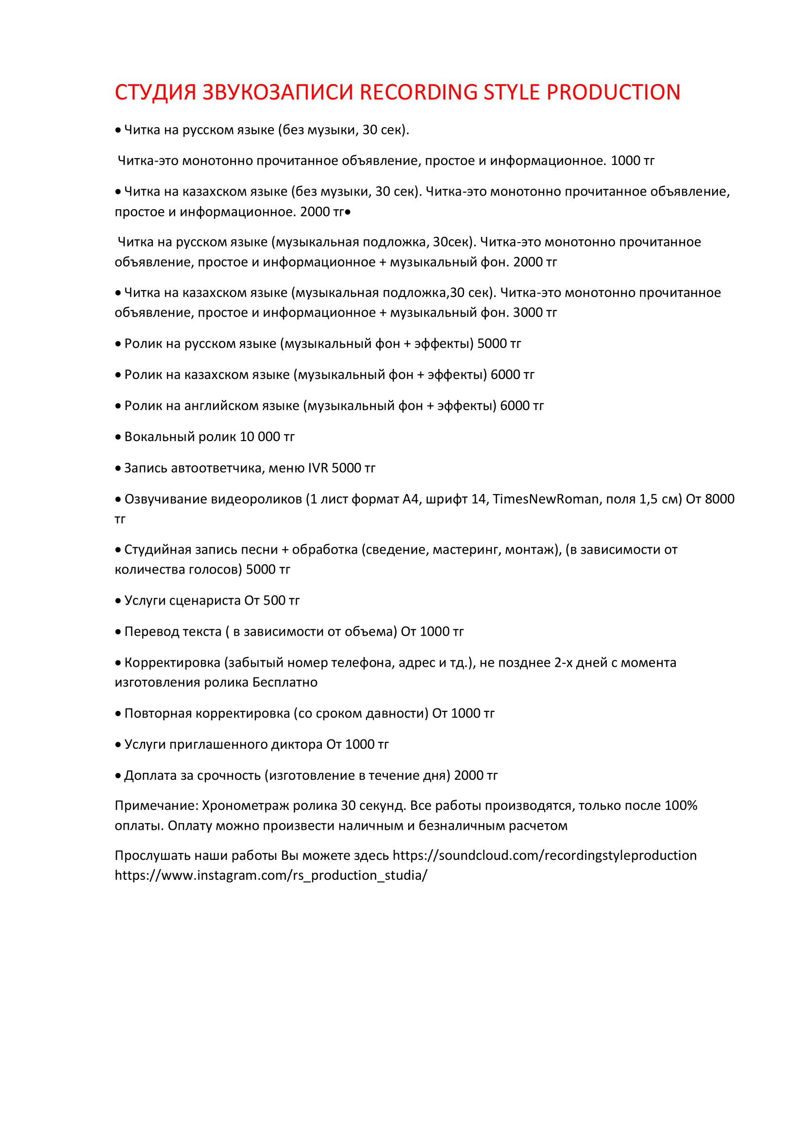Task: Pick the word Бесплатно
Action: [x=285, y=683]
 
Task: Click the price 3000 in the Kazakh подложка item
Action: [x=528, y=313]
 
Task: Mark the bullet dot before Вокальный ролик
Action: [x=118, y=438]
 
